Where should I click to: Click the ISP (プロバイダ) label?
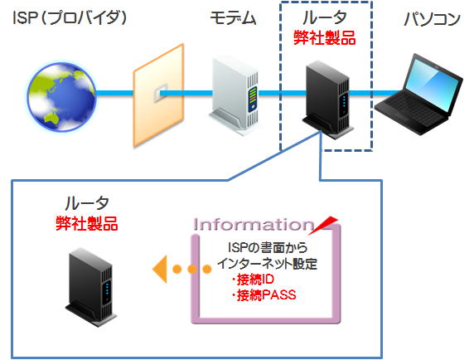coord(70,18)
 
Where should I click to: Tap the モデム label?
coord(233,18)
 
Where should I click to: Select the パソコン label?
coord(433,19)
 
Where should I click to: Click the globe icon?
coord(61,97)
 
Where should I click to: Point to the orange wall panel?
coord(159,95)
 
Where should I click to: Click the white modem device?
coord(235,96)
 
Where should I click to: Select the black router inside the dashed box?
coord(328,100)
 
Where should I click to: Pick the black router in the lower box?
coord(90,287)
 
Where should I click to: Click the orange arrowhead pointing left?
coord(160,269)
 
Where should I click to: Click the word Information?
coord(254,225)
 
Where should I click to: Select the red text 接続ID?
coord(253,279)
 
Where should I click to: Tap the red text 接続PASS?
coord(264,294)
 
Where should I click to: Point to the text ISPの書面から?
coord(268,247)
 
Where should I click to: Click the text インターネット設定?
coord(267,263)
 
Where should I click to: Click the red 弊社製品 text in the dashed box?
coord(325,38)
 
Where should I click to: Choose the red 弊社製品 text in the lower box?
coord(87,224)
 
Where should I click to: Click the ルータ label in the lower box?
coord(87,203)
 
